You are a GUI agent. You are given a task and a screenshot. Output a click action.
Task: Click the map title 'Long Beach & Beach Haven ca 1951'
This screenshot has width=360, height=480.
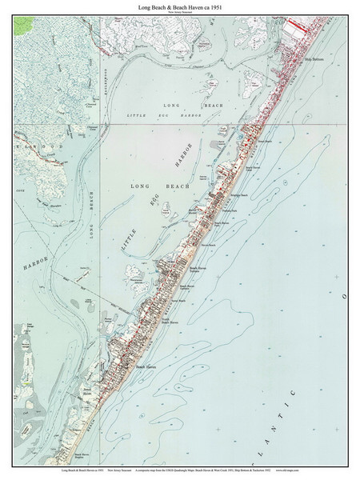click(179, 6)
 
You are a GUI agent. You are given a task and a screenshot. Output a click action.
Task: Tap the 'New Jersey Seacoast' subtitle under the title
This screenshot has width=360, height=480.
click(179, 11)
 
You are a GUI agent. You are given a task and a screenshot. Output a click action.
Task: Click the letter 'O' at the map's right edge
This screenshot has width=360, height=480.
click(346, 296)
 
